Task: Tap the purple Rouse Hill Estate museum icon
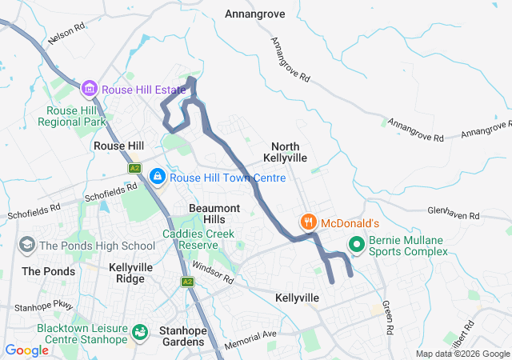coord(89,87)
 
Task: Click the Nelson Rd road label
coord(66,32)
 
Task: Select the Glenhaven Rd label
coord(453,214)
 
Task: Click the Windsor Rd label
coord(211,274)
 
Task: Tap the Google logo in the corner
coord(26,350)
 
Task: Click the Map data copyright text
coord(462,354)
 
